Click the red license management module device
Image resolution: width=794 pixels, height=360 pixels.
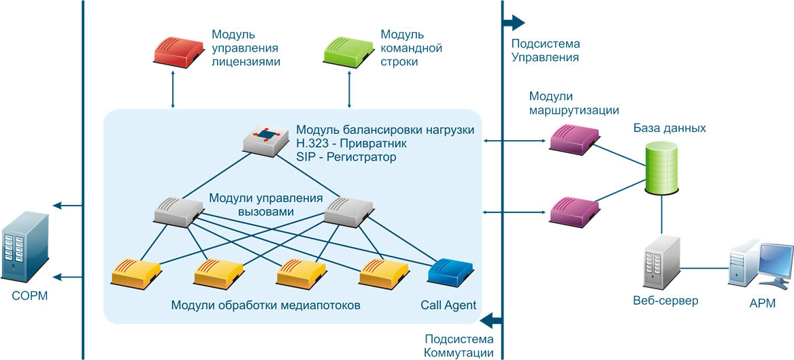178,52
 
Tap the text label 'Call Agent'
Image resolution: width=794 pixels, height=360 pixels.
448,305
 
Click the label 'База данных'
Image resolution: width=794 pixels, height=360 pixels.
669,128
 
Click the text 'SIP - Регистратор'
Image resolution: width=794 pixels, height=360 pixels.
346,157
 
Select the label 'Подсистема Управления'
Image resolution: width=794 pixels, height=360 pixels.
545,51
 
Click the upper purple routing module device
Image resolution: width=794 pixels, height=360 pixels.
575,140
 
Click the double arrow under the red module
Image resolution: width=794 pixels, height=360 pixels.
173,89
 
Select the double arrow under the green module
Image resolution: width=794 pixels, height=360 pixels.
349,89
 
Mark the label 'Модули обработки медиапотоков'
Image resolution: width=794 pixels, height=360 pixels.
266,305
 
